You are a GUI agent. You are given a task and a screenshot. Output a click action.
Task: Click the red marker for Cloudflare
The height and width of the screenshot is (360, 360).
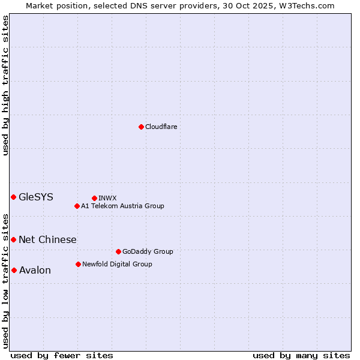click(x=141, y=127)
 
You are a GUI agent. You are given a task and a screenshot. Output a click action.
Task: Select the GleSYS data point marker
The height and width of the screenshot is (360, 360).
click(x=13, y=197)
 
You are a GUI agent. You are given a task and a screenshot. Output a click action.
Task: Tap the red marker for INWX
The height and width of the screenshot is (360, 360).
click(x=94, y=198)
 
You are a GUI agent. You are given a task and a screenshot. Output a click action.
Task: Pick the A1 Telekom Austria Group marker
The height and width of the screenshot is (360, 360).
click(x=77, y=206)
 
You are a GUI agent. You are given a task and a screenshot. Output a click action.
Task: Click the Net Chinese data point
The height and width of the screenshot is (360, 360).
click(x=13, y=239)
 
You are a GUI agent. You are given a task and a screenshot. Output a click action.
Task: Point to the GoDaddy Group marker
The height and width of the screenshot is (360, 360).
click(x=118, y=251)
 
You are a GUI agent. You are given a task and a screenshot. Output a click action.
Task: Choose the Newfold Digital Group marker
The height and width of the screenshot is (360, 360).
click(x=78, y=264)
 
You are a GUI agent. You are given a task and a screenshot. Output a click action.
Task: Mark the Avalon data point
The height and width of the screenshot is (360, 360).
click(x=14, y=270)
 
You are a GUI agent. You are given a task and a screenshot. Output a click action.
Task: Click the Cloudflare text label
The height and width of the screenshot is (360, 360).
click(x=161, y=127)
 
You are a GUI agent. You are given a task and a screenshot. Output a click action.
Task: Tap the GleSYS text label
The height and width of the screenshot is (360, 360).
click(x=36, y=197)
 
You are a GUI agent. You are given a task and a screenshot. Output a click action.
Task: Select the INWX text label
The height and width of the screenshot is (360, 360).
click(x=107, y=198)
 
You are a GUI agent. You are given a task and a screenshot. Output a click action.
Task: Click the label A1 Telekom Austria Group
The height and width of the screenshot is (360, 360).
click(x=122, y=206)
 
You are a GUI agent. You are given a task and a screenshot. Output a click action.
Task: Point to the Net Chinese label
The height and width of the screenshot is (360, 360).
click(x=47, y=239)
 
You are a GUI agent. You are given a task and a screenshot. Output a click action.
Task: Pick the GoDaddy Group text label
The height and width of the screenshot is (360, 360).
click(x=147, y=251)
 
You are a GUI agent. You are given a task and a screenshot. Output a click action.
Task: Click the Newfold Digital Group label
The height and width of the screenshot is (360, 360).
click(x=117, y=264)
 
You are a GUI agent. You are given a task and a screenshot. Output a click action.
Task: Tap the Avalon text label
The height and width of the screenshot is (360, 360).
click(x=35, y=270)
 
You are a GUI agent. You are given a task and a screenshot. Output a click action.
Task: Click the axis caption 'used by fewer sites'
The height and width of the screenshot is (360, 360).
click(x=62, y=355)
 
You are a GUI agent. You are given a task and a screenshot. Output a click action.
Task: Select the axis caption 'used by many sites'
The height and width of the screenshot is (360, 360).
click(x=301, y=355)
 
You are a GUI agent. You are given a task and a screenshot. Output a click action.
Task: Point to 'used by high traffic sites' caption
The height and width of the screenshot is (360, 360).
click(x=5, y=85)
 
